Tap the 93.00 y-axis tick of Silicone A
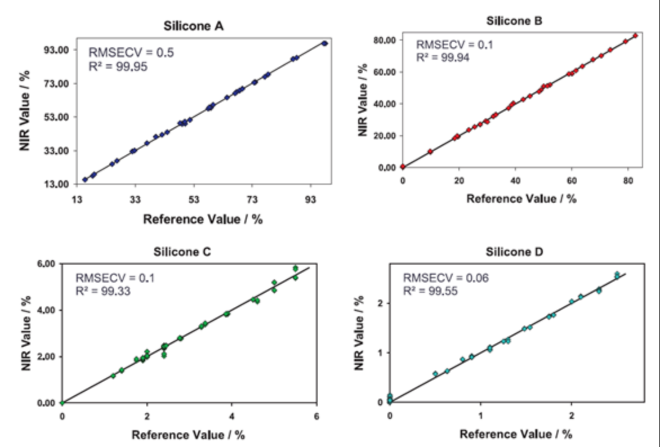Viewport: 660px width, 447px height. tap(57, 50)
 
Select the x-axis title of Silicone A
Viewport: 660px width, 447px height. tap(203, 218)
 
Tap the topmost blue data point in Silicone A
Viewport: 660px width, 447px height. tap(324, 43)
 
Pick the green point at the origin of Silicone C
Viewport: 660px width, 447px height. tap(62, 403)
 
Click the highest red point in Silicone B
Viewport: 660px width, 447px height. tap(635, 35)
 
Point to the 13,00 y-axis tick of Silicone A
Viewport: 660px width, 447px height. tap(57, 184)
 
